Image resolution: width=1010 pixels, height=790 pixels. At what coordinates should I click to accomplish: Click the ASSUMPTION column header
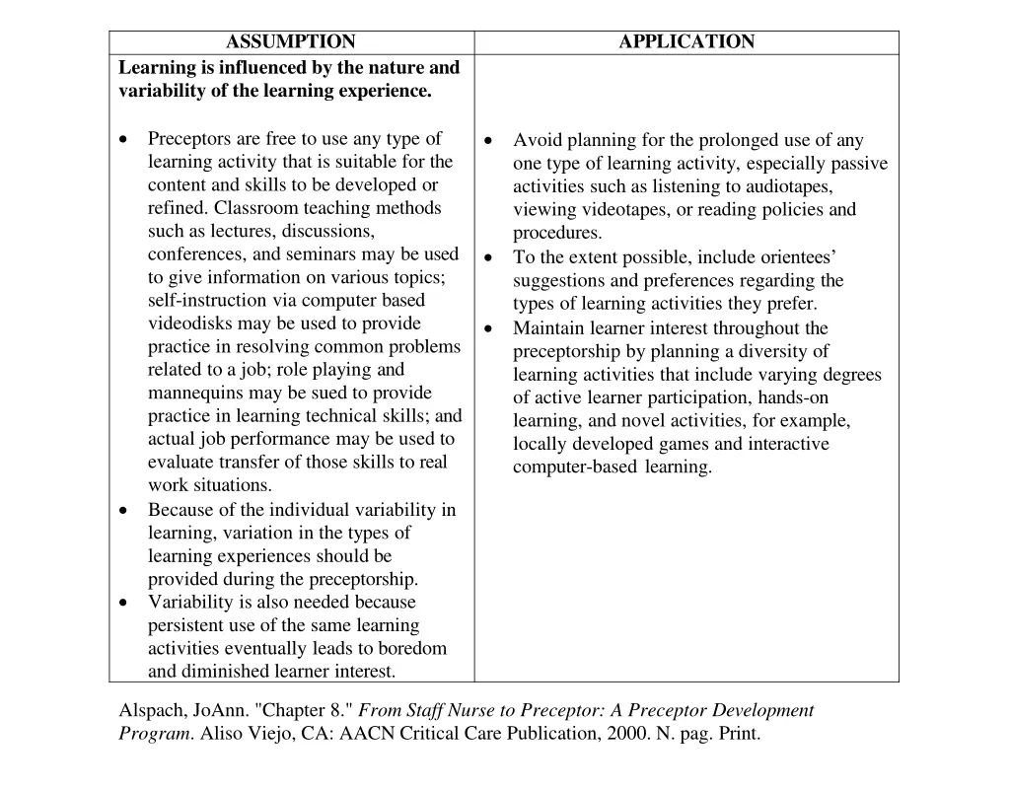click(x=291, y=42)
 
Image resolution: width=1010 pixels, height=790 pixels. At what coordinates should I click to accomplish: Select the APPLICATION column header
click(x=686, y=42)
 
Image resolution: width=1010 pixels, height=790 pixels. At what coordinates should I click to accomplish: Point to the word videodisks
click(x=185, y=323)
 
